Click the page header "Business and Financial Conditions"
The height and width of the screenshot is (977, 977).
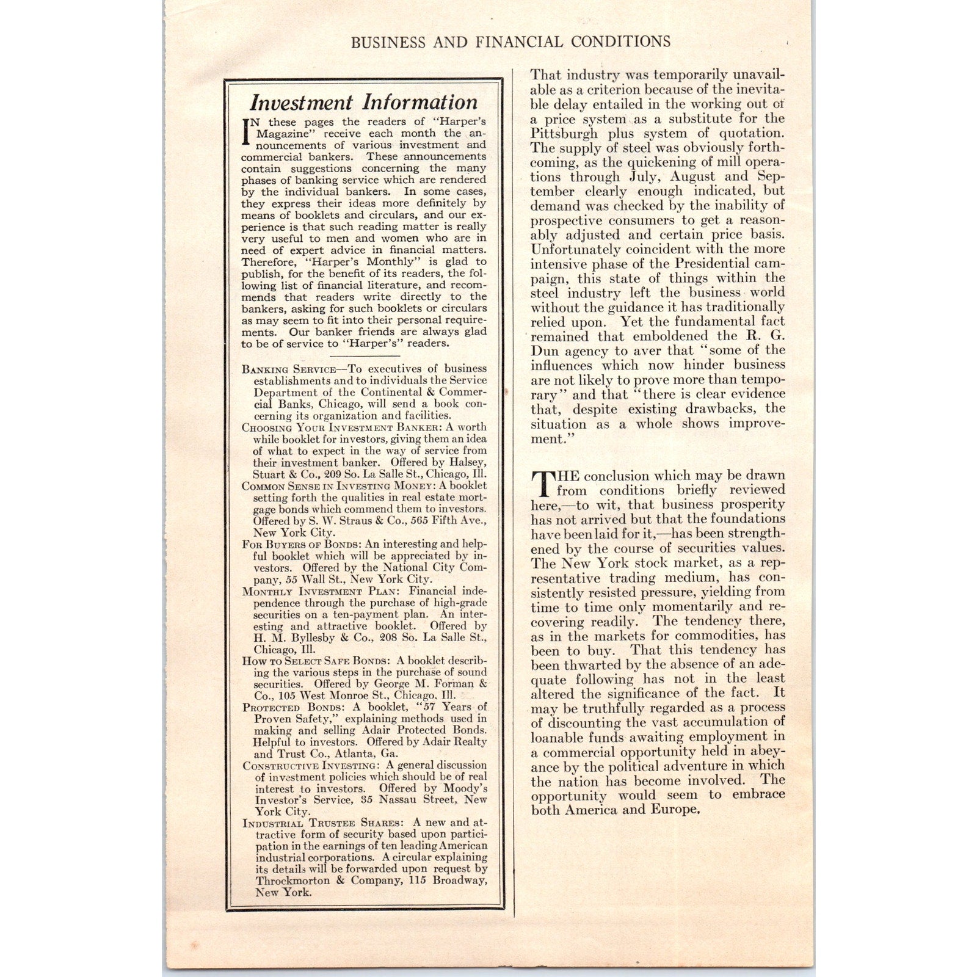(510, 42)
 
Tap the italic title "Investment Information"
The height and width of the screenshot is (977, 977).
(365, 101)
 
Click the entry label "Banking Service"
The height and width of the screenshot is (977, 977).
(288, 369)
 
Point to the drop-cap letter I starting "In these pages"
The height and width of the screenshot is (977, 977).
(247, 131)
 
